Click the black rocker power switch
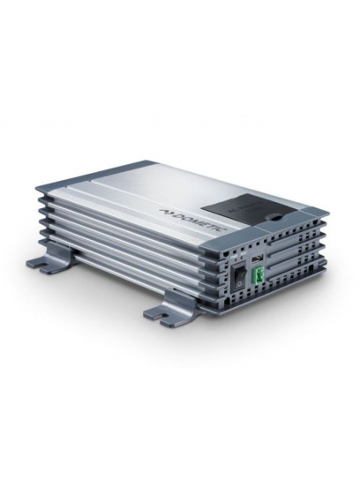click(x=239, y=278)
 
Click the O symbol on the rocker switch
click(x=238, y=285)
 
